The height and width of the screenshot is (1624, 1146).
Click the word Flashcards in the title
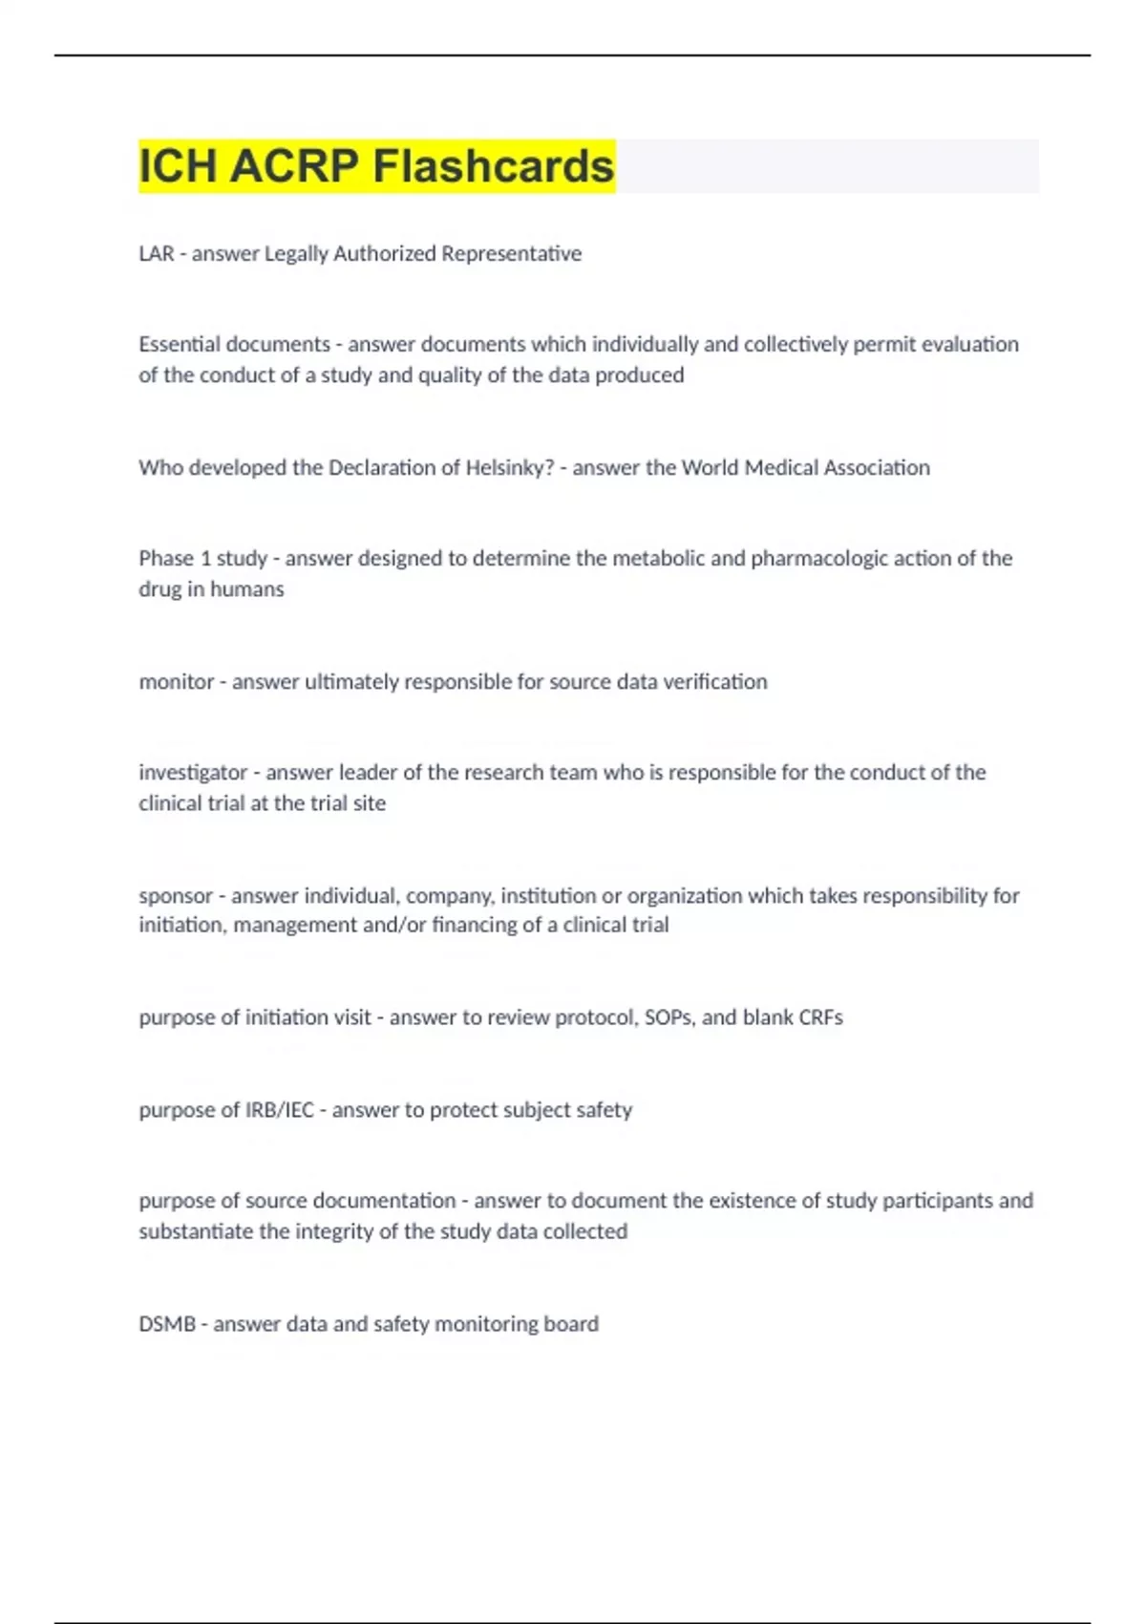click(493, 166)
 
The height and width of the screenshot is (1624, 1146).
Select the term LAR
click(157, 253)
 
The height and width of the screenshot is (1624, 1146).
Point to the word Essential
click(180, 344)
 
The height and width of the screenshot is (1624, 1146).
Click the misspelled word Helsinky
click(509, 467)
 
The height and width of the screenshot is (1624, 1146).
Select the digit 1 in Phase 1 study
click(205, 558)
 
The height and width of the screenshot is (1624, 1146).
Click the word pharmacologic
click(818, 558)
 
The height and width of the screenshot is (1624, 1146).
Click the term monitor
click(176, 681)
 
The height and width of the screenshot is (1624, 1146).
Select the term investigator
click(193, 772)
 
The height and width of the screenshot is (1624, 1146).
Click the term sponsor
click(176, 895)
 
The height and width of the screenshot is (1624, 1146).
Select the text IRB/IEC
click(280, 1110)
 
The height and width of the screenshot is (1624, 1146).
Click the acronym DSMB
click(167, 1324)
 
